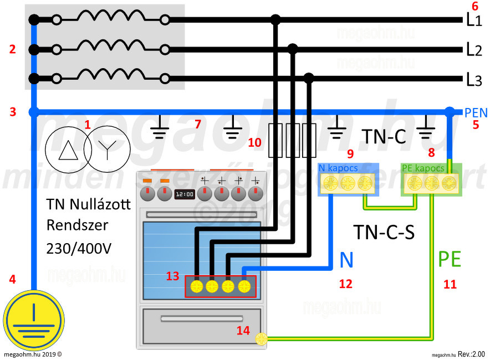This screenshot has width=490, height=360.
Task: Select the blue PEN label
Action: pos(476,113)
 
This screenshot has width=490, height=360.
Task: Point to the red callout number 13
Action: pos(172,276)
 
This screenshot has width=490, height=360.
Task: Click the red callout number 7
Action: pos(198,124)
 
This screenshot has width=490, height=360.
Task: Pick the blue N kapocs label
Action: pos(339,167)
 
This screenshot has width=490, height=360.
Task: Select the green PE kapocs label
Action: pos(423,167)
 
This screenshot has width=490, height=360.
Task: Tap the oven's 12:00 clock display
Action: pos(184,194)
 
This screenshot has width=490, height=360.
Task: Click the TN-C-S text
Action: pos(384,232)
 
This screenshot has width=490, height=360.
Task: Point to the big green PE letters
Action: pos(450,259)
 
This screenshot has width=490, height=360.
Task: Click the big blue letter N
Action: pos(346,259)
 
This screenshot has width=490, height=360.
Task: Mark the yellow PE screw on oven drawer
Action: pos(261,339)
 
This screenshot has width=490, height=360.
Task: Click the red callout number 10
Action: pos(254,142)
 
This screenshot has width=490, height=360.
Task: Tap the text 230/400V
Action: pos(79,248)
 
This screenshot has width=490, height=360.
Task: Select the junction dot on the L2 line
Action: pos(293,49)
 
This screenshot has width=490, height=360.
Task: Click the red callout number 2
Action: pos(12,49)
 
